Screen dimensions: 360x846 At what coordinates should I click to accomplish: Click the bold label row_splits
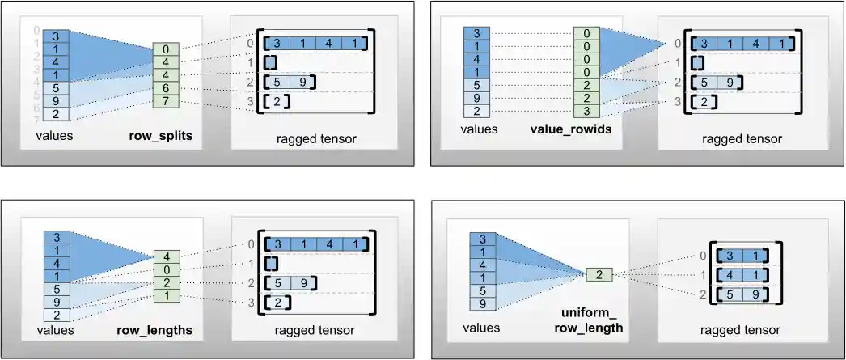pos(160,136)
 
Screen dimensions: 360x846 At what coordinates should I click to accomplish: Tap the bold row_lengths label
pos(160,330)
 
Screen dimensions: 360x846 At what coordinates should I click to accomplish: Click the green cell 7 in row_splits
pos(166,101)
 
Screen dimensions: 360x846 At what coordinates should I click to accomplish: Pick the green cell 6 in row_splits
pos(166,87)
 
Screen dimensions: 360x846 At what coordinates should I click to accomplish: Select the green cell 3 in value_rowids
pos(586,110)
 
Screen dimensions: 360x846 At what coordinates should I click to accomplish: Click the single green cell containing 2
pos(599,274)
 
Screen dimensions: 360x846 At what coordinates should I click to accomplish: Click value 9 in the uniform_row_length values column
pos(482,304)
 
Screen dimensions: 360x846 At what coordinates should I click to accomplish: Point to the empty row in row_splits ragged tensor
pos(271,62)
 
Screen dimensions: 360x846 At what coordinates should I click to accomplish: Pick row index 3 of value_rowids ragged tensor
pos(679,101)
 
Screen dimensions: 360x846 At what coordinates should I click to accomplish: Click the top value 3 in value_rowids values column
pos(476,33)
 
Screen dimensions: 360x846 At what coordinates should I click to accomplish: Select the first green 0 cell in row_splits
pos(166,49)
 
